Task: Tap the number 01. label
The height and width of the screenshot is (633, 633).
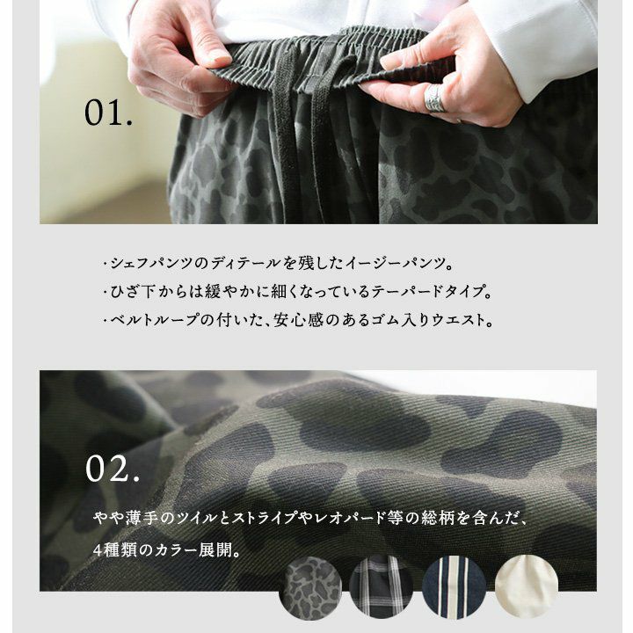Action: tap(108, 113)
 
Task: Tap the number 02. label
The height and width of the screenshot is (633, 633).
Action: tap(113, 469)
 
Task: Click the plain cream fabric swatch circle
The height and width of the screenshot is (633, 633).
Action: tap(527, 586)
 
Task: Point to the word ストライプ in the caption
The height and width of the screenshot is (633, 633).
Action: tap(264, 518)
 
